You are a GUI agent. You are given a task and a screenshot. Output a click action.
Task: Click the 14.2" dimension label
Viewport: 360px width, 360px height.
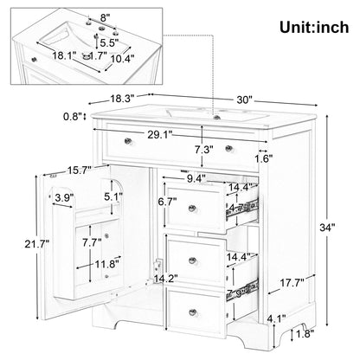pos(168,279)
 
